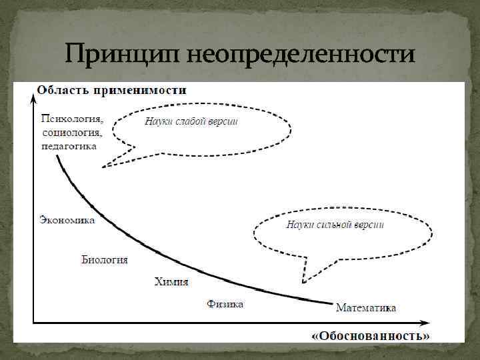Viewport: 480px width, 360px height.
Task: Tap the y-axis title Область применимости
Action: [x=111, y=90]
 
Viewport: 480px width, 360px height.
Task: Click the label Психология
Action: [x=73, y=119]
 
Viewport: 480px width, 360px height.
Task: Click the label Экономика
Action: [x=67, y=220]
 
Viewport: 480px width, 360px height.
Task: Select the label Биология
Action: [x=105, y=259]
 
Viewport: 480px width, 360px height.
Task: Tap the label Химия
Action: [x=171, y=282]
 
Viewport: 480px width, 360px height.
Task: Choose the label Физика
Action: [x=225, y=304]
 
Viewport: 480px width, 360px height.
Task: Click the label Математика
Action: [x=366, y=308]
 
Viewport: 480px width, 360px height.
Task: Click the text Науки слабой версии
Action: [x=191, y=122]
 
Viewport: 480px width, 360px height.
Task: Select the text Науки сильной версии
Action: [x=335, y=225]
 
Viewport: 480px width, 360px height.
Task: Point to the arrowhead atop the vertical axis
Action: [x=33, y=99]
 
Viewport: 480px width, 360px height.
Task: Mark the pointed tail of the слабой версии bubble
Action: [x=103, y=167]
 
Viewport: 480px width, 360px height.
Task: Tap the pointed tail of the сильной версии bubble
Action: [x=304, y=281]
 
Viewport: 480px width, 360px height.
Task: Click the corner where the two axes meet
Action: [x=33, y=324]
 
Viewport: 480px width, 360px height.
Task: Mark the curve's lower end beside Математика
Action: [x=331, y=304]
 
